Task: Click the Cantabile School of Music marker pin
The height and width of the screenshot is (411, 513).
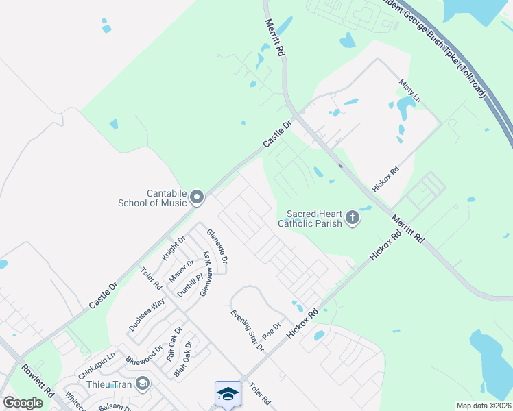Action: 198,198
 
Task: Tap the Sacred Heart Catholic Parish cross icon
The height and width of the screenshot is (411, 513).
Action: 352,219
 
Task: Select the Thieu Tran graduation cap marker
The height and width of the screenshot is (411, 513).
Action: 143,382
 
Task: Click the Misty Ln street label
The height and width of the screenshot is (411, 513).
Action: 409,91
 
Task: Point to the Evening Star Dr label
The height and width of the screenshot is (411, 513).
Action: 247,330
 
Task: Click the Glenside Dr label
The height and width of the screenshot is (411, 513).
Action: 217,246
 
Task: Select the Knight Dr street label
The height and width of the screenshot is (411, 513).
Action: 174,248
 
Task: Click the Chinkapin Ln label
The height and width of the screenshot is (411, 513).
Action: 97,360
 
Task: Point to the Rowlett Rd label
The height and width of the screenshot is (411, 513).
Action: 37,381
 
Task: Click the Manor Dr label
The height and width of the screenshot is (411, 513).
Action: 182,270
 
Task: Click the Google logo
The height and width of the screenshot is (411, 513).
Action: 23,403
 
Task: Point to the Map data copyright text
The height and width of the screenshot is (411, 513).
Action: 484,406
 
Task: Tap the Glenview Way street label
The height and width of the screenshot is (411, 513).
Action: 206,273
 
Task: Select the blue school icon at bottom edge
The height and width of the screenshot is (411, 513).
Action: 228,394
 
